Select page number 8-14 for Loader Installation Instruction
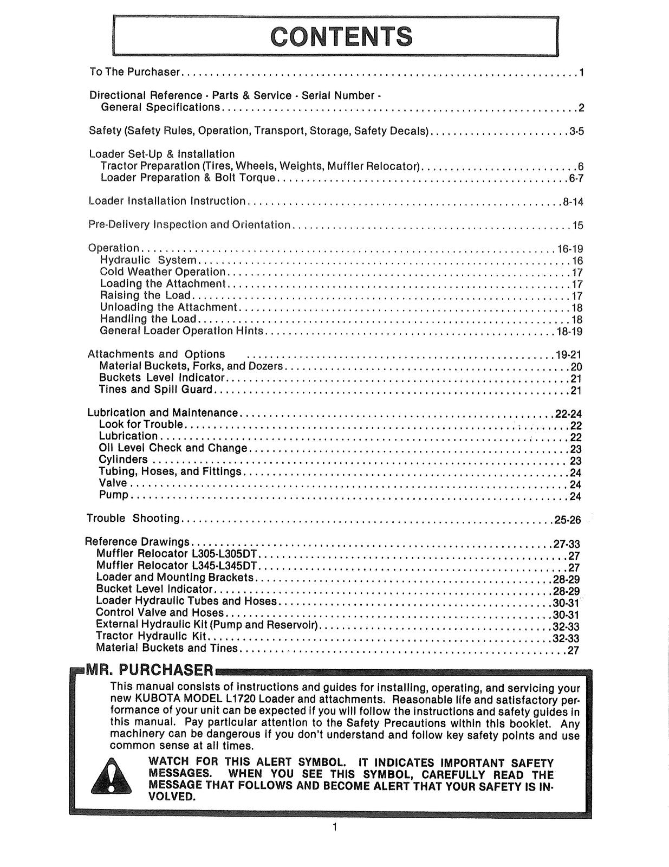coord(573,202)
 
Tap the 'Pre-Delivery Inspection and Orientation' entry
coord(190,225)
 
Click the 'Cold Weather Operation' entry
coord(163,272)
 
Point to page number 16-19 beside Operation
coord(570,249)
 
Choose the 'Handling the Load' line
coord(148,319)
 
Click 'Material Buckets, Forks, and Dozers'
coord(191,366)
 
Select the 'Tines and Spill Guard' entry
coord(156,390)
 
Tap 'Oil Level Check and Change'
coord(173,448)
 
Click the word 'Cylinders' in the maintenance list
coord(123,460)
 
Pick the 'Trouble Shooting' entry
coord(133,519)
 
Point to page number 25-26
coord(567,520)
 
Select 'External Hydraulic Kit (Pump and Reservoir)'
coord(206,625)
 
